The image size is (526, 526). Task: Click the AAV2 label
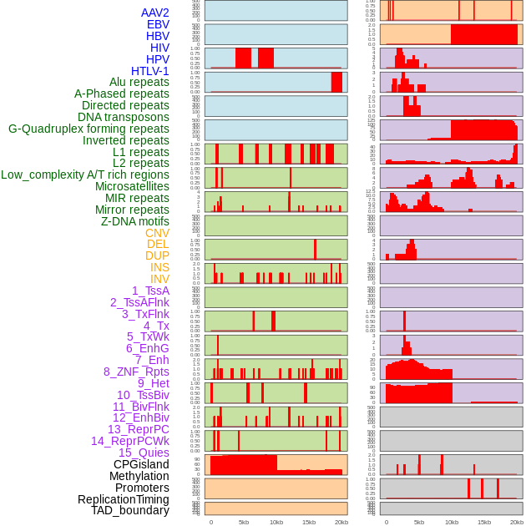pos(154,13)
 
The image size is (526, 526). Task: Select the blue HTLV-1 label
pos(150,71)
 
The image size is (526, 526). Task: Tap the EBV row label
pos(158,24)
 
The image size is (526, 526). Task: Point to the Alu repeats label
pos(139,82)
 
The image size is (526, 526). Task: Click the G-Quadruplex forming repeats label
pos(89,129)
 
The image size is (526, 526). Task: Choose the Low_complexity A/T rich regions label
pos(85,174)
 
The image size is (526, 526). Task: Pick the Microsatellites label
pos(132,186)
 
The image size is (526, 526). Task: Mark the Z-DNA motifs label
pos(135,221)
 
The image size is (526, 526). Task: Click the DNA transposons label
pos(124,117)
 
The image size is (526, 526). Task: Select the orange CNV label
pos(157,233)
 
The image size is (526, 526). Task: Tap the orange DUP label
pos(157,255)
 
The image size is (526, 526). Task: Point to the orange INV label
pos(159,279)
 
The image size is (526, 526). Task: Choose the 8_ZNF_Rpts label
pos(136,372)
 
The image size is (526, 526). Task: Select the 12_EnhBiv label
pos(141,417)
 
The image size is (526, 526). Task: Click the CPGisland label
pos(141,464)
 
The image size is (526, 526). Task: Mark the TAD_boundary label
pos(130,510)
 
